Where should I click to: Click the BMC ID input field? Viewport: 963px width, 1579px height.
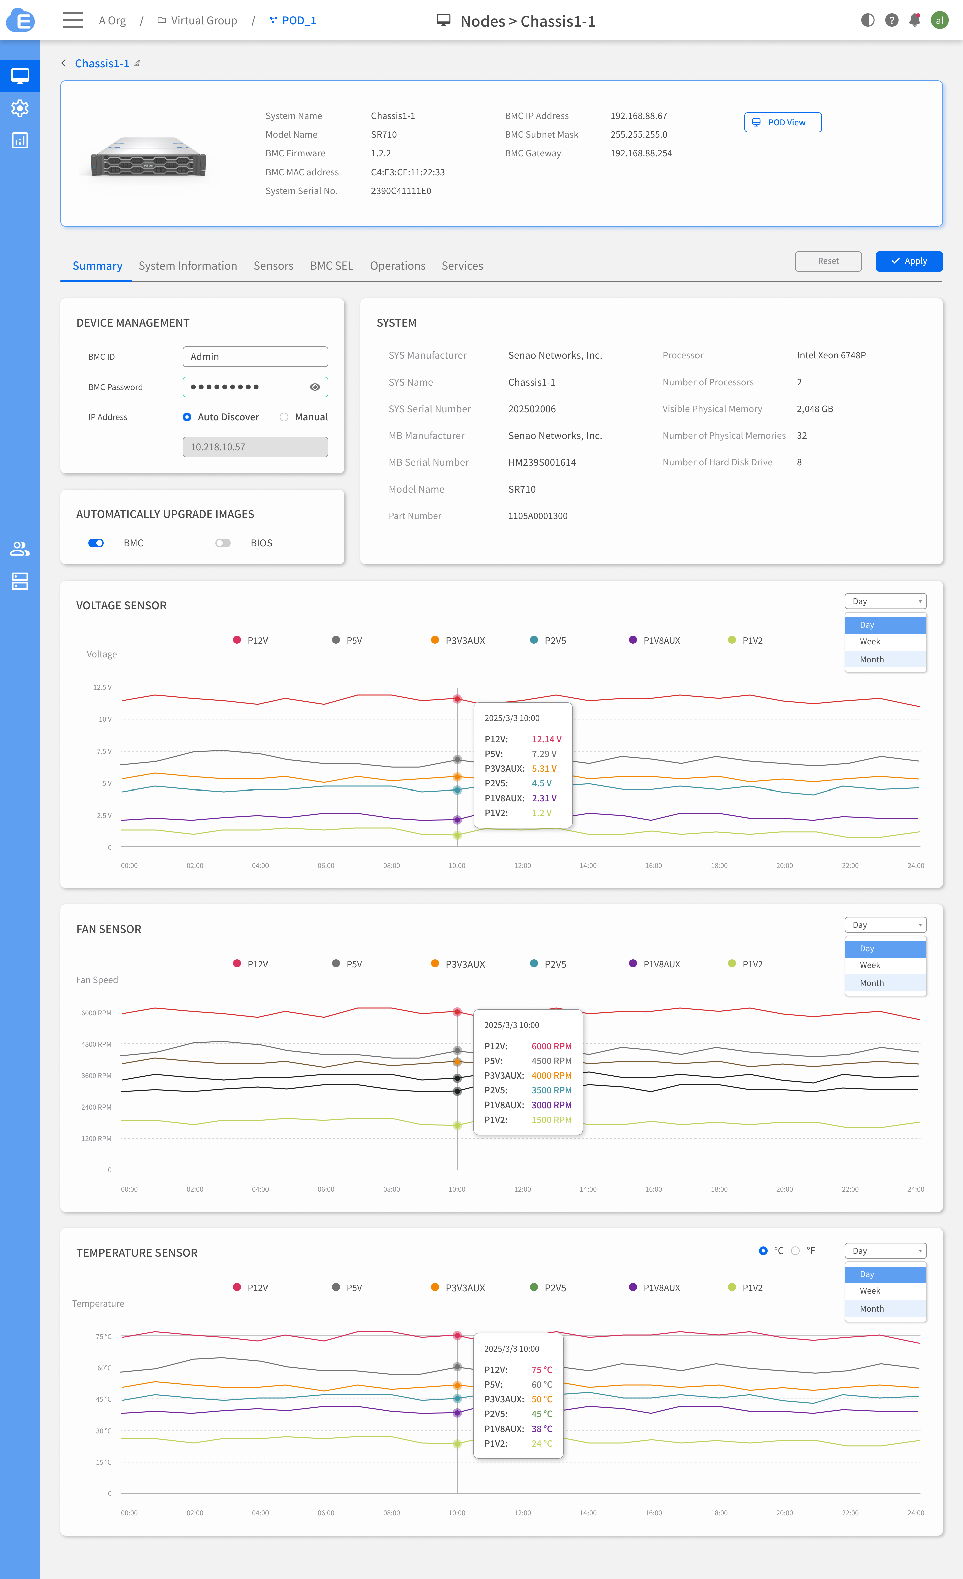pyautogui.click(x=255, y=357)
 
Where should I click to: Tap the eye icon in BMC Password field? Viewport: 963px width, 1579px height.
pyautogui.click(x=315, y=387)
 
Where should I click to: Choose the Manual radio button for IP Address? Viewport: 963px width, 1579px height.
pyautogui.click(x=284, y=417)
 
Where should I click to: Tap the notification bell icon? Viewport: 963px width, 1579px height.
pyautogui.click(x=914, y=20)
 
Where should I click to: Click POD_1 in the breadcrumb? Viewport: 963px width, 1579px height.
pyautogui.click(x=299, y=20)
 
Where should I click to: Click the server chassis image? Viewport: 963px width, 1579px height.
pyautogui.click(x=149, y=156)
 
